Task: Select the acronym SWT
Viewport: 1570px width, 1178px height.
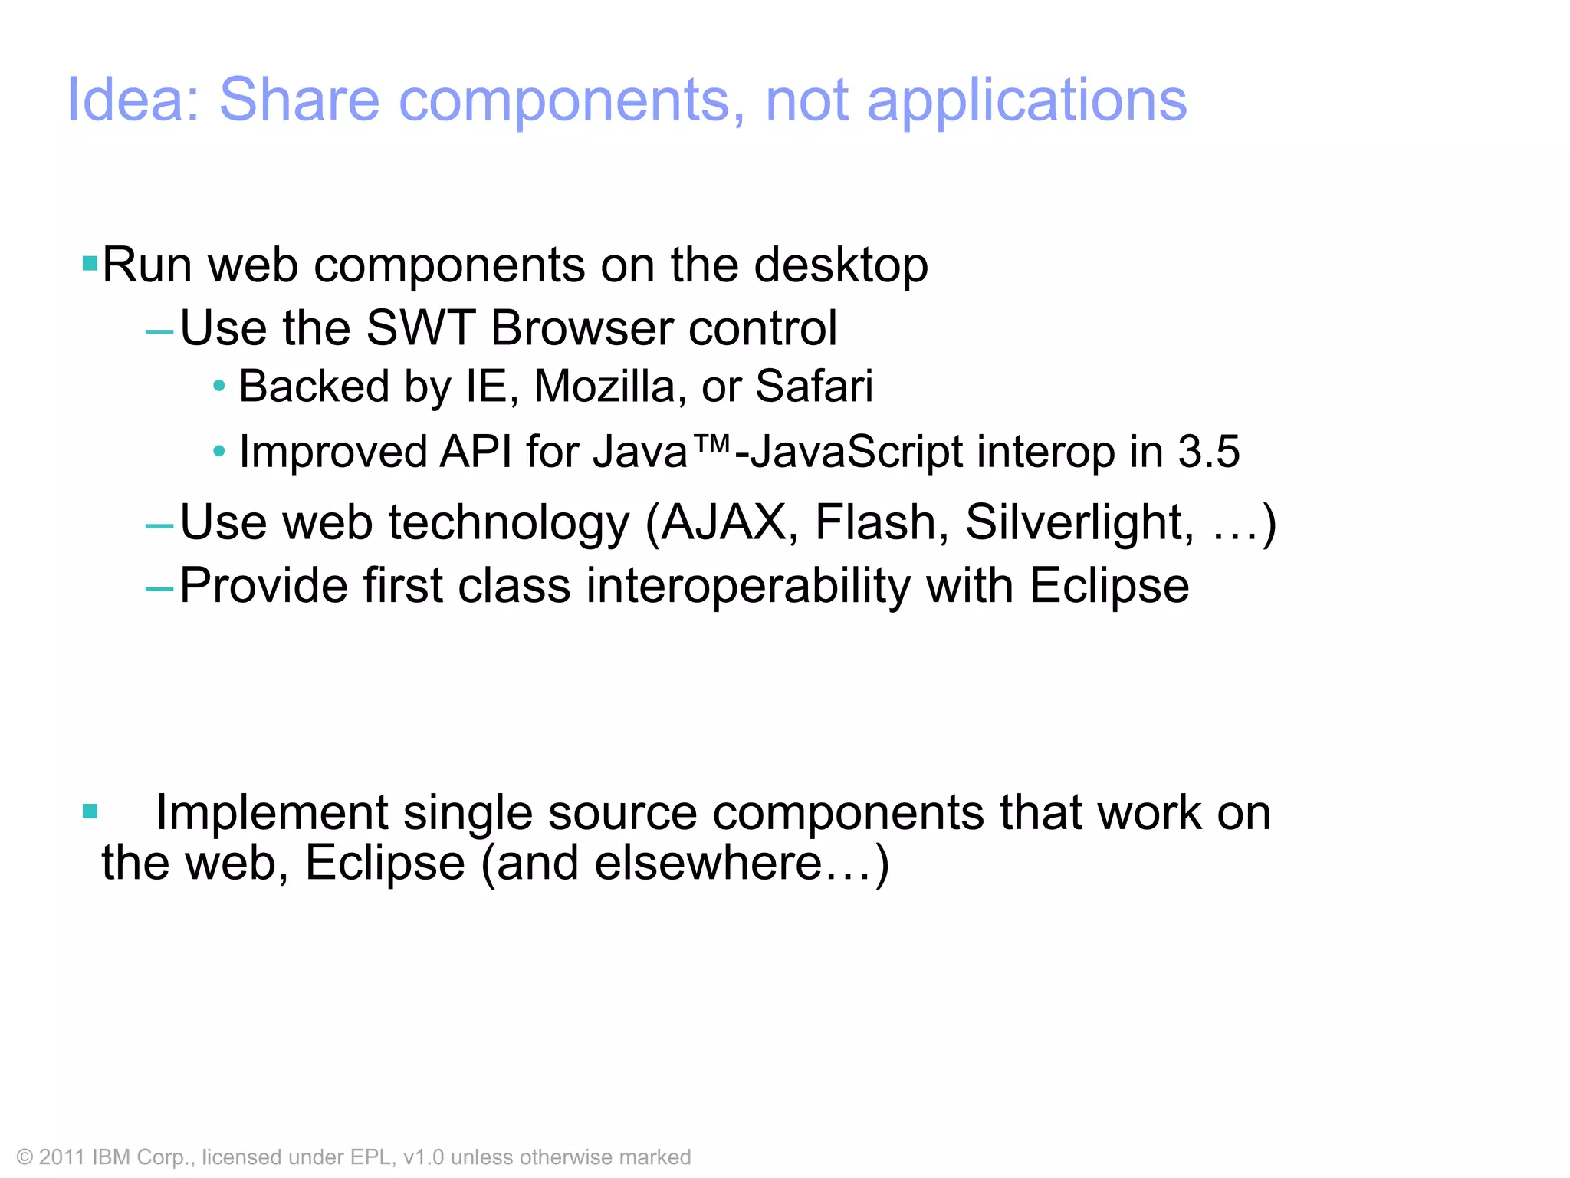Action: pos(420,328)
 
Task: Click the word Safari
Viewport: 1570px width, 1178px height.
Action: pos(813,386)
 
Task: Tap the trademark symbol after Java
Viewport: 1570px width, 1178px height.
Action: pos(711,443)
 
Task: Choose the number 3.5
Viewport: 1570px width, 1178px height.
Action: pos(1208,452)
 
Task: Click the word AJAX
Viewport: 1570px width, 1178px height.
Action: pos(724,523)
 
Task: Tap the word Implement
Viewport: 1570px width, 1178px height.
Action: pos(272,813)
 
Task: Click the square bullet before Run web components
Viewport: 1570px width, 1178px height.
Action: pos(90,264)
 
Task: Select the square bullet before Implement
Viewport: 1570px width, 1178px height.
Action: pos(90,811)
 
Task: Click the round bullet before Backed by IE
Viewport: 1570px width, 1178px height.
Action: pos(219,387)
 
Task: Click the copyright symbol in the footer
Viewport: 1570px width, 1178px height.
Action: pos(25,1157)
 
